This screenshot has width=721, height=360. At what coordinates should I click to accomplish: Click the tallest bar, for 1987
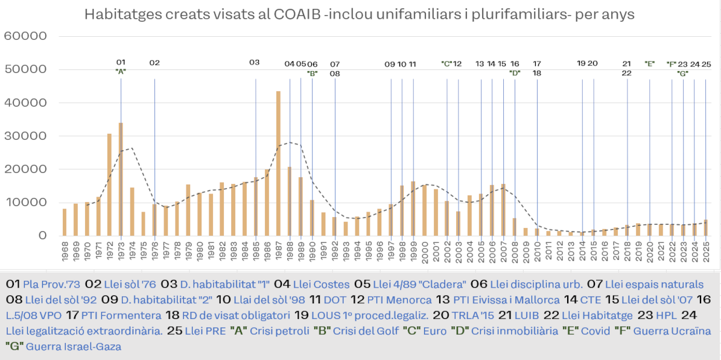278,163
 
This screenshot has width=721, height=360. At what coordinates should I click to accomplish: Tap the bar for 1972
109,185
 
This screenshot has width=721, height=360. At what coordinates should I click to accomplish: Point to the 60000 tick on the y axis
25,36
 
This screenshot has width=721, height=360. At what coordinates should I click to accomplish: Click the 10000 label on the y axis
25,203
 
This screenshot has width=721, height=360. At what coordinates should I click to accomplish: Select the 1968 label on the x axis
65,253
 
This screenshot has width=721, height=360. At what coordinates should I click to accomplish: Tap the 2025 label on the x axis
706,253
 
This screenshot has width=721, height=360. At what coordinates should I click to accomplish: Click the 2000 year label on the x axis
425,253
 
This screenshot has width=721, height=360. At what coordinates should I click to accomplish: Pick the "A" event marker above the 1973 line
121,71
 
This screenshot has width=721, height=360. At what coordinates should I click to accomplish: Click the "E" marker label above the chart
650,63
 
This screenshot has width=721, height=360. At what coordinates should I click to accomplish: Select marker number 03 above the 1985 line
255,63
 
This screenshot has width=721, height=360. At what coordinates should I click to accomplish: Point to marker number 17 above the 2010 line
537,63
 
